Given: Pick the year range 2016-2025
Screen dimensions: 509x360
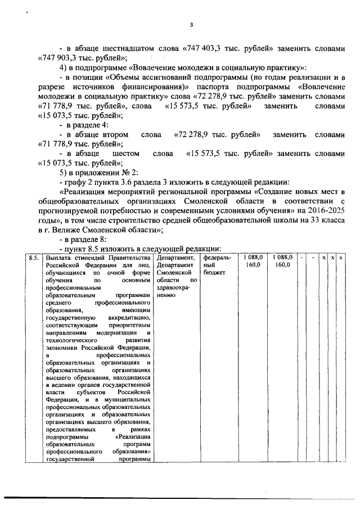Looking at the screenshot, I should coord(326,210).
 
